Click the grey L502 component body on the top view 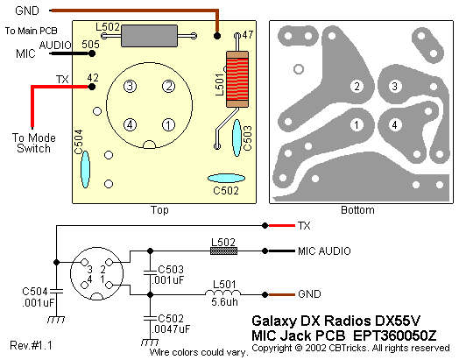149,36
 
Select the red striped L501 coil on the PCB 237,80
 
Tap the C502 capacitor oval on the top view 226,178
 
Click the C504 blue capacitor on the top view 85,169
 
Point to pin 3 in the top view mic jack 130,87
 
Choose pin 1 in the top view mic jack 168,125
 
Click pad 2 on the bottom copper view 357,87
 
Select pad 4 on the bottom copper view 394,125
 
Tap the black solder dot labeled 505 92,53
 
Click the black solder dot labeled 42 92,87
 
